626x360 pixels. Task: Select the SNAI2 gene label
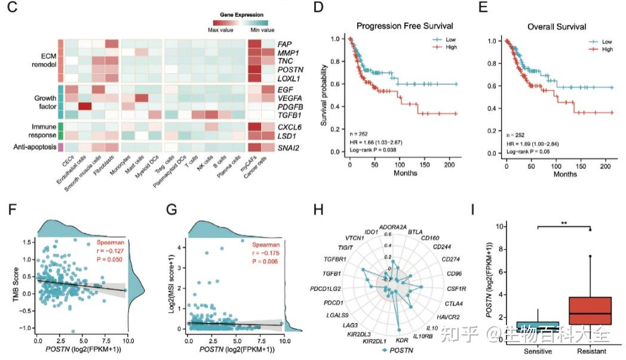pyautogui.click(x=289, y=147)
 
